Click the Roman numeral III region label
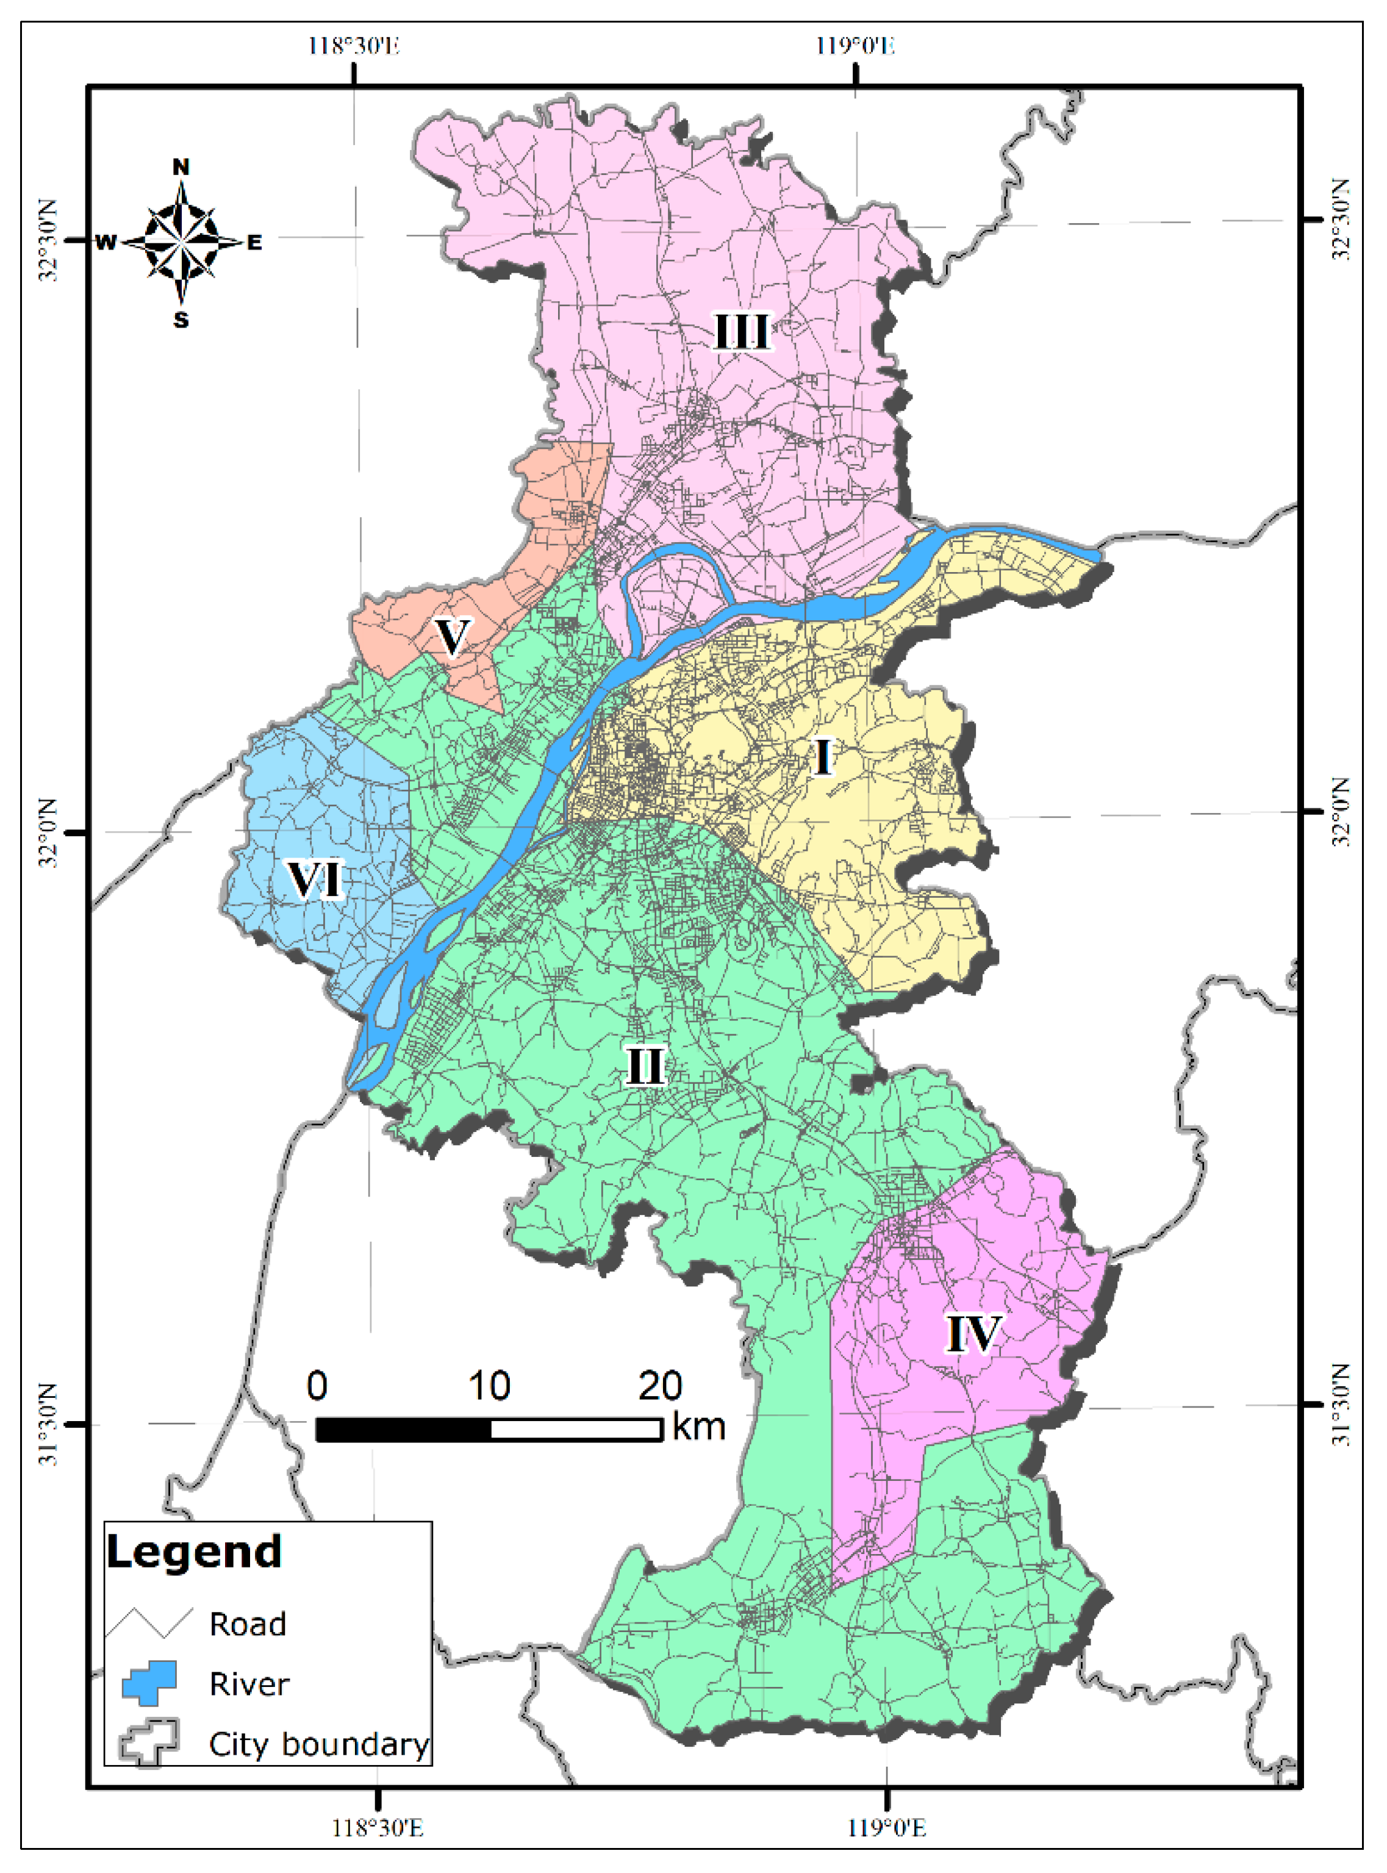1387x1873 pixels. click(x=741, y=332)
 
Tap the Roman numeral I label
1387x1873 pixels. click(x=823, y=757)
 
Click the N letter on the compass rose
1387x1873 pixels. click(x=181, y=167)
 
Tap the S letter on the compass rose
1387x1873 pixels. click(x=181, y=320)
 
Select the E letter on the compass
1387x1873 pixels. click(x=254, y=243)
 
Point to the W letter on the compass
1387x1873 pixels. click(x=106, y=243)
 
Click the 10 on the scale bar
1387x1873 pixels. click(x=489, y=1386)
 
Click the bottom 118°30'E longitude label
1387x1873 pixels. click(x=377, y=1828)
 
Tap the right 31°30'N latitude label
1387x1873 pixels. click(x=1341, y=1405)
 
